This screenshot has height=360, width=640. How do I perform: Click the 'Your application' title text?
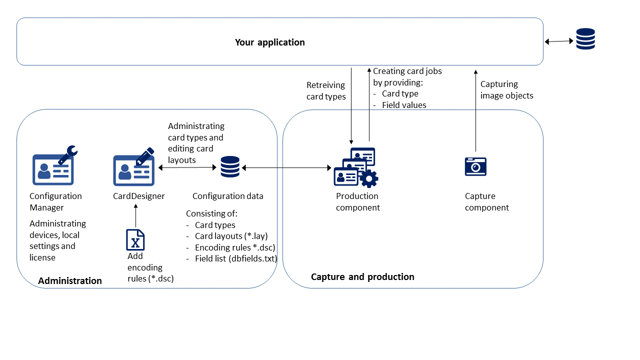[270, 42]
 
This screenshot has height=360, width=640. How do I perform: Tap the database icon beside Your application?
[585, 39]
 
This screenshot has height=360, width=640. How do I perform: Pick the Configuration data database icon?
[230, 167]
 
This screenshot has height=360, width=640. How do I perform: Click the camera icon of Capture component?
[475, 166]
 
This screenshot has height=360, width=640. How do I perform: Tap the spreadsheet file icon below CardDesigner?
[135, 240]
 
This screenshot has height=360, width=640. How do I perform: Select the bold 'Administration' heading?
[70, 281]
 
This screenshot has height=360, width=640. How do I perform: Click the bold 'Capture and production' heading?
[362, 277]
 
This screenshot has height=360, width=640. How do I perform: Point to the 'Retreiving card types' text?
[326, 91]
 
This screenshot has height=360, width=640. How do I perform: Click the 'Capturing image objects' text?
[506, 90]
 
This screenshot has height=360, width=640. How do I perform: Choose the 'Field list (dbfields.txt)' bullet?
[236, 258]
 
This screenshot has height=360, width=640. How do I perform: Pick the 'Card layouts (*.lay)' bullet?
[231, 236]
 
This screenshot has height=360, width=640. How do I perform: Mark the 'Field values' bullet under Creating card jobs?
[404, 105]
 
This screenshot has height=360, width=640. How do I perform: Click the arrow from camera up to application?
[475, 110]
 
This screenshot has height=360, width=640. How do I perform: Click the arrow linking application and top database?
[559, 41]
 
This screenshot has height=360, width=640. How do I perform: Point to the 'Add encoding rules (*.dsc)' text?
[150, 267]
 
